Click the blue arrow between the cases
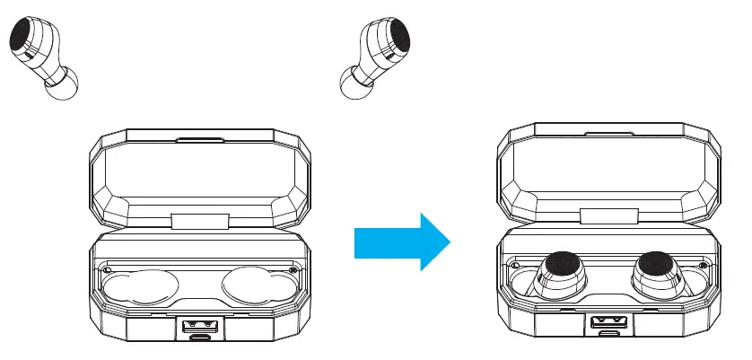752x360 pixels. pos(401,241)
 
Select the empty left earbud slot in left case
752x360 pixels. pos(136,289)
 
